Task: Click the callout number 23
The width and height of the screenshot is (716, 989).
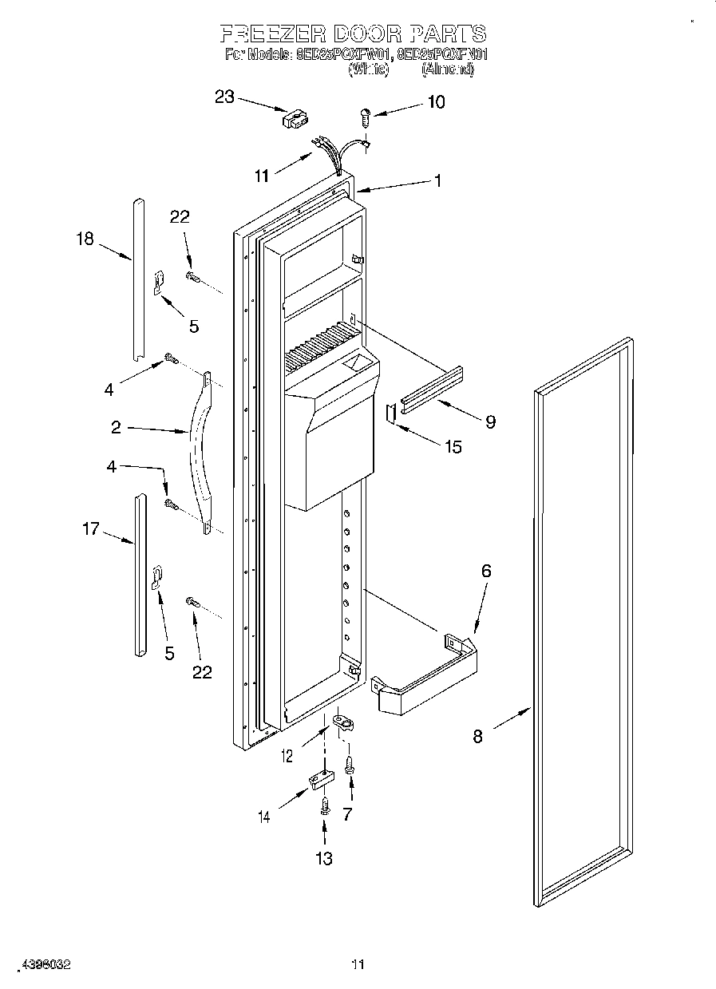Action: click(224, 97)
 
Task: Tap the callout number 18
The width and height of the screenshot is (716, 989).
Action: click(84, 238)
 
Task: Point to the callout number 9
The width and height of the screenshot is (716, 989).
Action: click(490, 421)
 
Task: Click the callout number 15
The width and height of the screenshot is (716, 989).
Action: click(453, 446)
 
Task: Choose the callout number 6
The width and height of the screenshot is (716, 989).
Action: click(486, 571)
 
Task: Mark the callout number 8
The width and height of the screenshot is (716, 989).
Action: click(477, 736)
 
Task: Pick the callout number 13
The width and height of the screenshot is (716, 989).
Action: click(323, 858)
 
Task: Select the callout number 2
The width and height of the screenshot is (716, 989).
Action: click(117, 428)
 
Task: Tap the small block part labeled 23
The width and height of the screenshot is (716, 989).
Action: click(293, 120)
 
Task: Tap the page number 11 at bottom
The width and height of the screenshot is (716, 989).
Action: click(358, 965)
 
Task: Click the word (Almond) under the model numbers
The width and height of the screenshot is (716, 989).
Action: click(448, 70)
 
